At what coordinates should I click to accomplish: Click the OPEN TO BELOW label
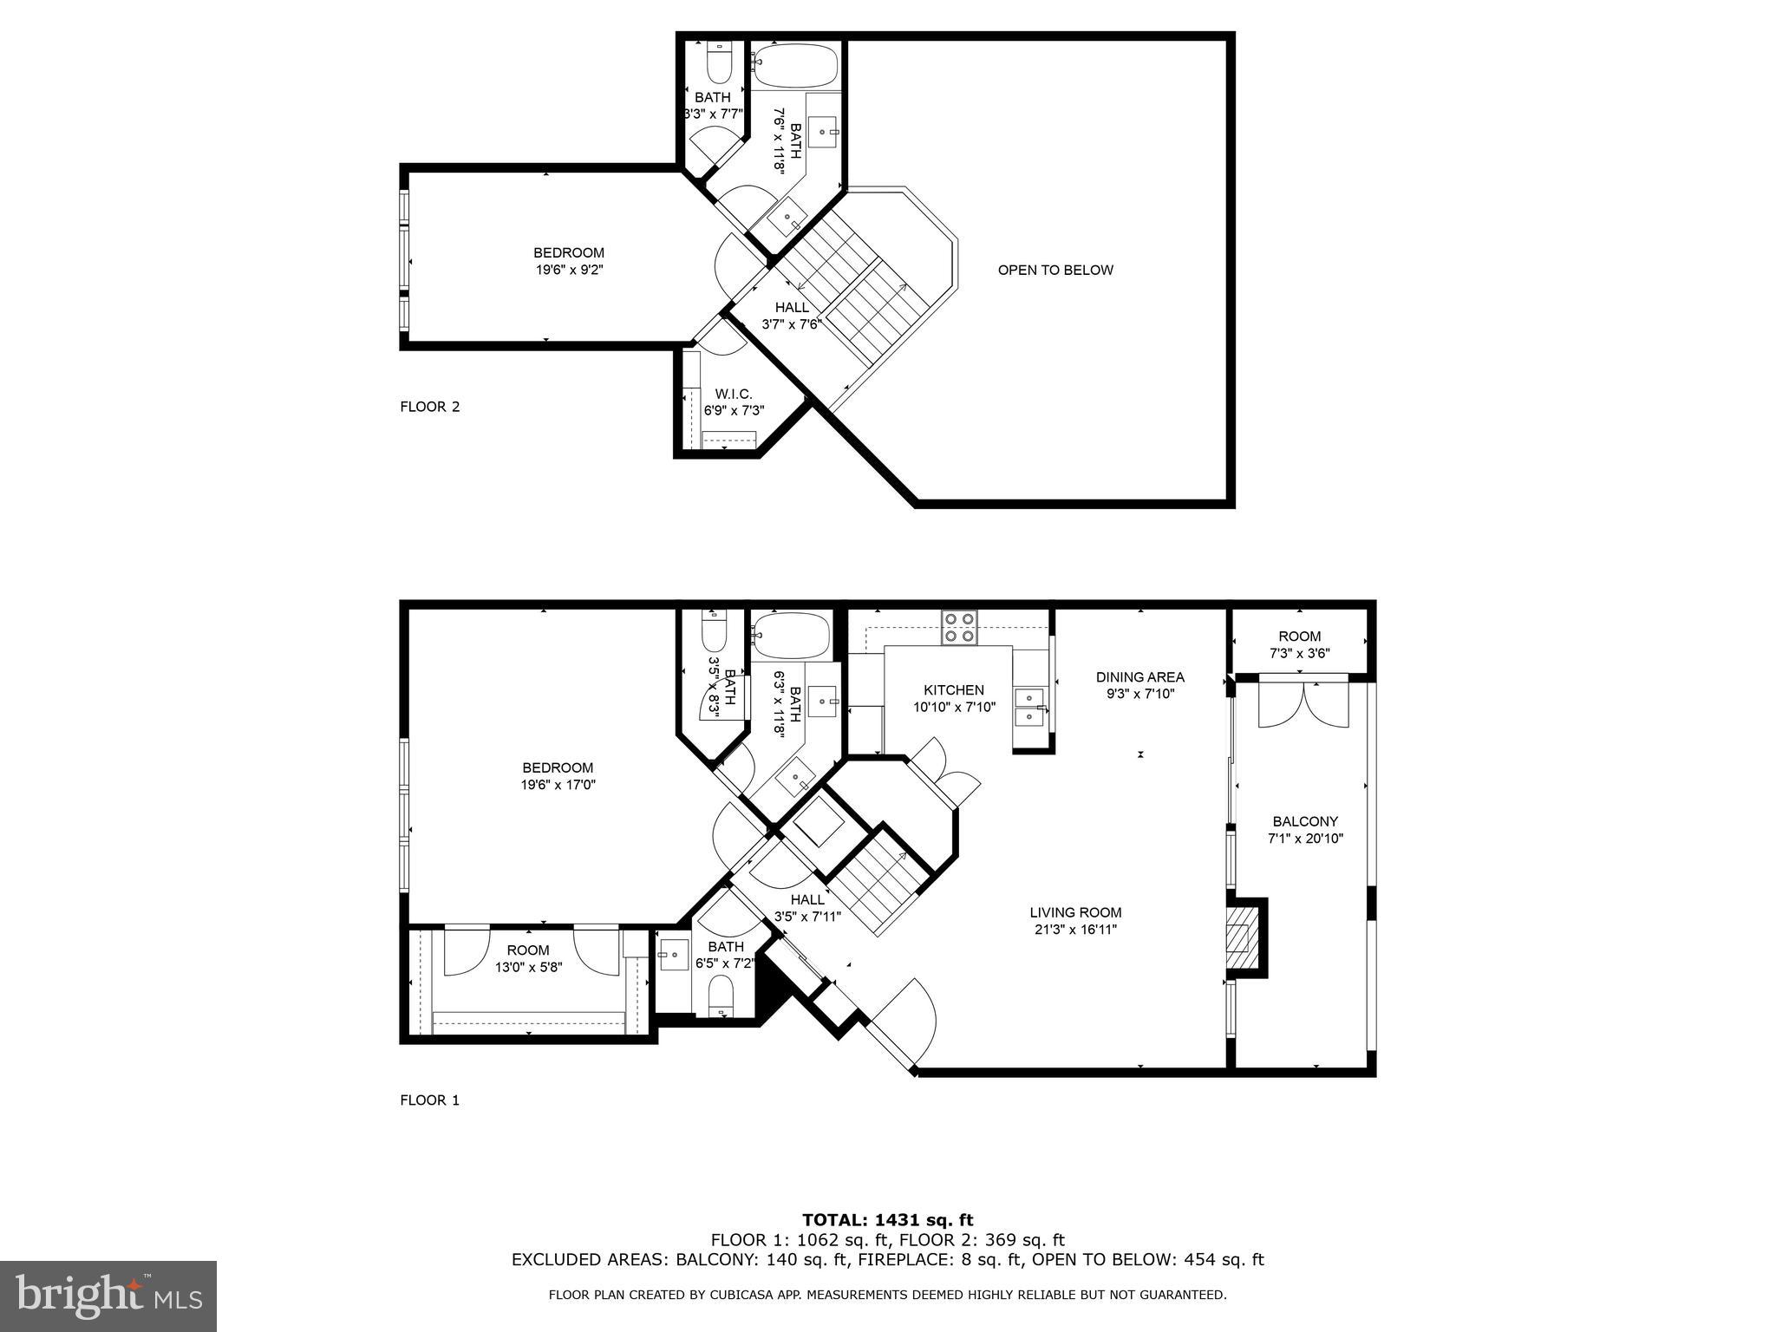coord(1055,270)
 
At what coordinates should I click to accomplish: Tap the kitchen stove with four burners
coord(960,627)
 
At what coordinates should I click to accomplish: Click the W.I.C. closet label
coord(734,394)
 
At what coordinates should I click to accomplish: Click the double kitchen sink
coord(1029,707)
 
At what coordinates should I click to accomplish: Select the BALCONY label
coord(1305,821)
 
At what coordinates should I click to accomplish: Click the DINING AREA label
coord(1139,677)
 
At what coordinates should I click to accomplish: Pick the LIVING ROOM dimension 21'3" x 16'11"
coord(1075,930)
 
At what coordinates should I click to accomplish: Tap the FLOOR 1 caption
coord(429,1100)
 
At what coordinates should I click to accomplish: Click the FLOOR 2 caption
coord(429,407)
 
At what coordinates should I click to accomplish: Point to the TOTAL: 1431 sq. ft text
coord(888,1221)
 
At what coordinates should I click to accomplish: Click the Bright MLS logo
coord(108,1296)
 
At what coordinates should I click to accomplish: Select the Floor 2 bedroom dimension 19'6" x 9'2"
coord(569,270)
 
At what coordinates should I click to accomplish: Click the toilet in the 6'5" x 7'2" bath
coord(721,996)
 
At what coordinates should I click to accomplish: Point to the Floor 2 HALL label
coord(792,307)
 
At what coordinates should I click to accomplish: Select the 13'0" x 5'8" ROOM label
coord(528,958)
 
